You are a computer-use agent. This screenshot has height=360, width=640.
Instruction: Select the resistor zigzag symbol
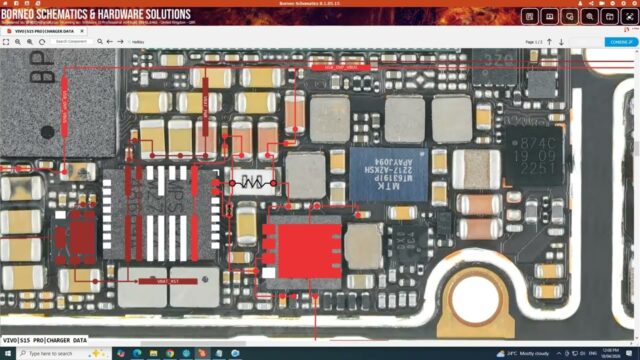[254, 183]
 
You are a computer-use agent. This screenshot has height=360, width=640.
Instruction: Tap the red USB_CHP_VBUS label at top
[333, 67]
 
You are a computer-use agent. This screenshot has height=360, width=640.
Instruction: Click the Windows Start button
[7, 354]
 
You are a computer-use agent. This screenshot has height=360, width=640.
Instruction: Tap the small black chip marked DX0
[402, 240]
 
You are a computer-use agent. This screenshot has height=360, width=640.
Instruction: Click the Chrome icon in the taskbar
[155, 354]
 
